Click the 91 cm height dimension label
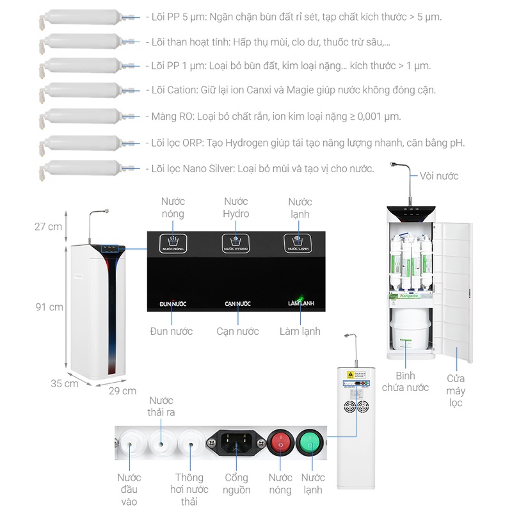49,307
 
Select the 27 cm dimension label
49,227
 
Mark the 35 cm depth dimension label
65,383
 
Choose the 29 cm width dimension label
122,390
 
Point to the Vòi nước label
439,176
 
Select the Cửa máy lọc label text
456,390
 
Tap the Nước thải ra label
161,406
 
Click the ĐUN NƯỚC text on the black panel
173,303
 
